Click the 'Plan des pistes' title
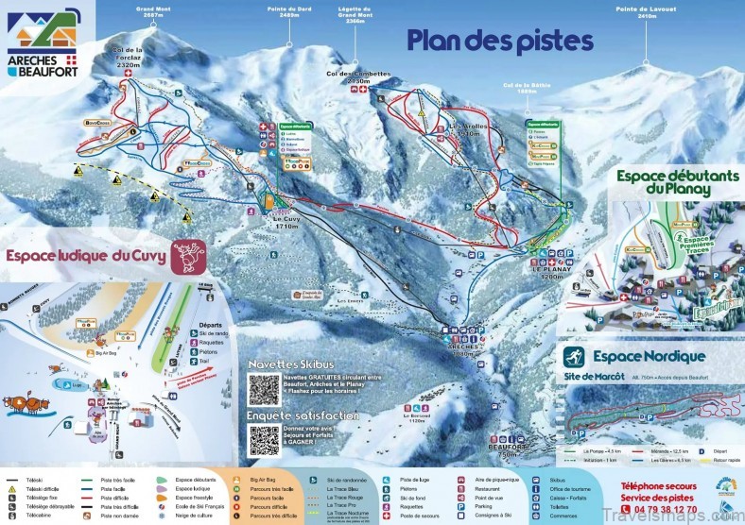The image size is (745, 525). pos(499,41)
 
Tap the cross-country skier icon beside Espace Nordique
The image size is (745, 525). pos(573,357)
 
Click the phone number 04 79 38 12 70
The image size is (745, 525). pos(660,508)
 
